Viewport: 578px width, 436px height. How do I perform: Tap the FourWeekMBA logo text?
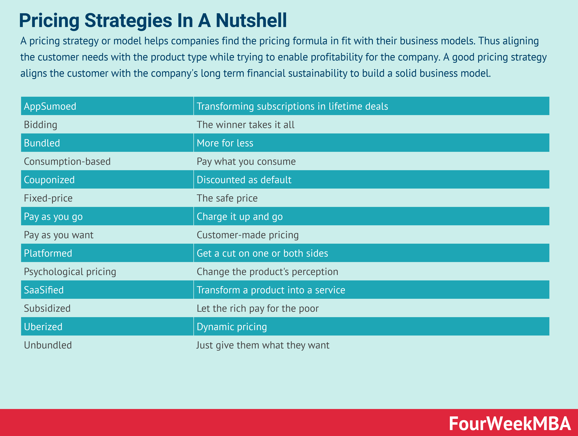[x=510, y=423]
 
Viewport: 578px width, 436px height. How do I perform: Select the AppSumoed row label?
[x=50, y=106]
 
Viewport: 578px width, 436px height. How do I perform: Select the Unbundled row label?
[x=48, y=345]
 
